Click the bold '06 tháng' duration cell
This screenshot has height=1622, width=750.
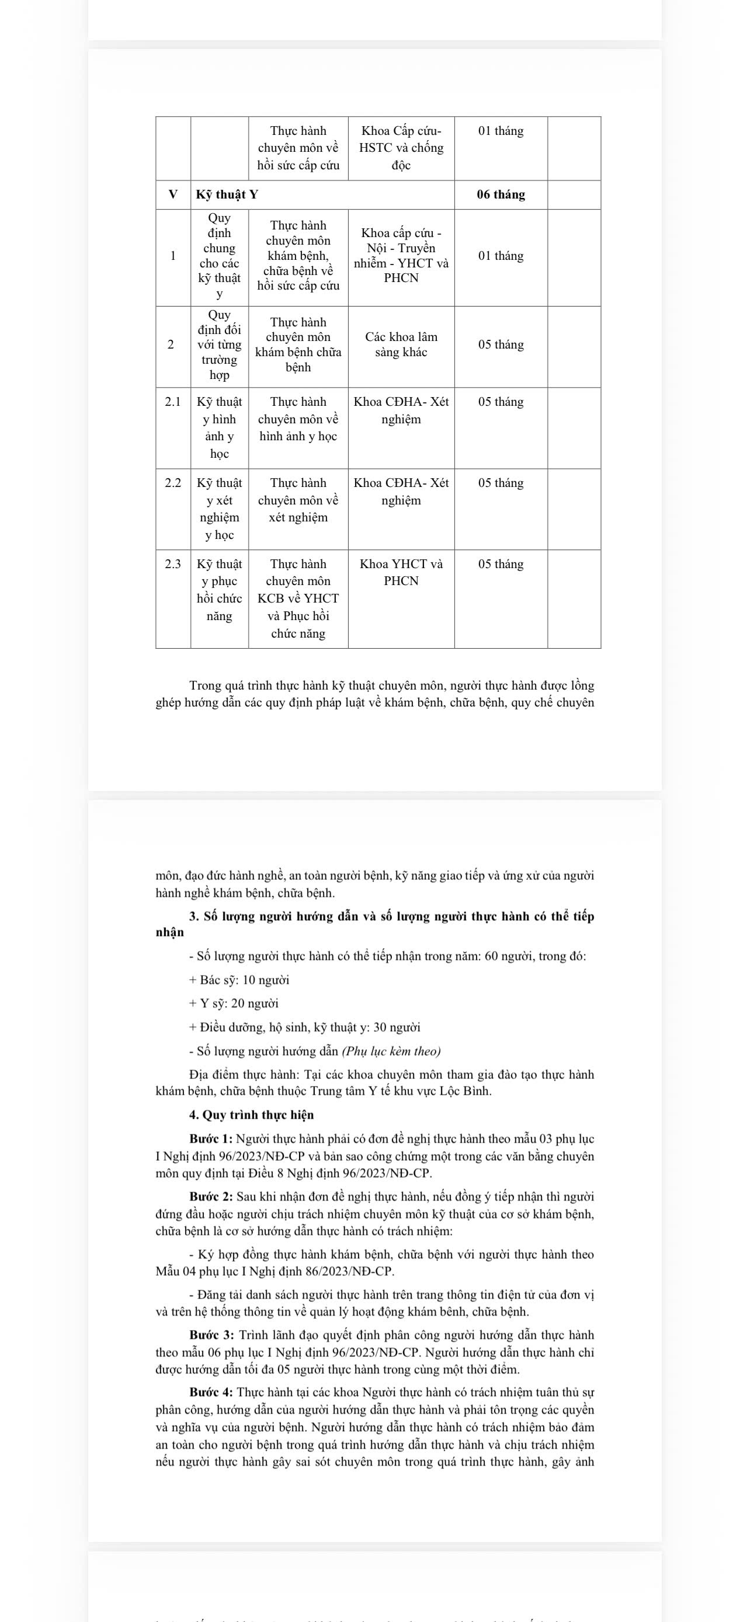click(x=501, y=194)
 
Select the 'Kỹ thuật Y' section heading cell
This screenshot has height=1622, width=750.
click(x=227, y=194)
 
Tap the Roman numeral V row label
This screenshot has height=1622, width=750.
click(x=172, y=194)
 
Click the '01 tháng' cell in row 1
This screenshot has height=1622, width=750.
click(x=501, y=256)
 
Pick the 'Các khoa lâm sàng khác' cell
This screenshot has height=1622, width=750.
click(x=401, y=345)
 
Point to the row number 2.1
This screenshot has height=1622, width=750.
click(x=172, y=402)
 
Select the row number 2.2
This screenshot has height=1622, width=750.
click(x=172, y=483)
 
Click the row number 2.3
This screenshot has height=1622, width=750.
click(x=172, y=564)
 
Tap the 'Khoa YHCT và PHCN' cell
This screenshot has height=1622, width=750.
click(x=401, y=572)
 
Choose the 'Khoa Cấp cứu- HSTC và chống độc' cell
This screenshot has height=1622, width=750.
click(x=401, y=148)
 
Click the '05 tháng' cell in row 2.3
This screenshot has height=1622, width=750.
click(x=501, y=564)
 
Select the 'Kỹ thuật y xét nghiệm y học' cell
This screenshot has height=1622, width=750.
click(x=219, y=509)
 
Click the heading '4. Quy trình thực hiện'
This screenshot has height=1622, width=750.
click(x=251, y=1115)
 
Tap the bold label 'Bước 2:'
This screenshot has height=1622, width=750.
click(x=211, y=1196)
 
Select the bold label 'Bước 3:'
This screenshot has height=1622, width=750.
click(x=211, y=1335)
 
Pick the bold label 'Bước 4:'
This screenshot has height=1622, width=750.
click(x=211, y=1392)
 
